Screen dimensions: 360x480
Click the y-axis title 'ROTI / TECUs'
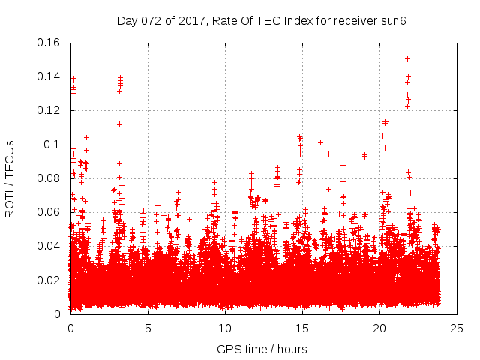[x=10, y=178]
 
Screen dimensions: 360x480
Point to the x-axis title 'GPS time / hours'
[x=262, y=349]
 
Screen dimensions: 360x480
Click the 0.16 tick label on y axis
[x=50, y=43]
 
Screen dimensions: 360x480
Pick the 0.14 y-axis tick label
[x=50, y=76]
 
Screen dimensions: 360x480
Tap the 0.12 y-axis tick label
[x=50, y=110]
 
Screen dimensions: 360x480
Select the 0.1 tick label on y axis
[x=54, y=144]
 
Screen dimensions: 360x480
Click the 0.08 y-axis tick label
[x=50, y=178]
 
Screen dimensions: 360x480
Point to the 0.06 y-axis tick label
[x=50, y=212]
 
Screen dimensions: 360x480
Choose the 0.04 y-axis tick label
[x=50, y=246]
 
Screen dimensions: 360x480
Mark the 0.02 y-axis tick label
[x=50, y=280]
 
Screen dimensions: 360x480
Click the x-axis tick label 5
[x=148, y=328]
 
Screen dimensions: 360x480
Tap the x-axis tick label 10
[x=225, y=328]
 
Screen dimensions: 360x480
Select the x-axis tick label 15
[x=302, y=328]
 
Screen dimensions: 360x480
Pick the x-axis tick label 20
[x=379, y=328]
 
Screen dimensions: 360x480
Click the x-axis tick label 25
[x=457, y=328]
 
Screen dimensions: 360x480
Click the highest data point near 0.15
[x=407, y=58]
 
